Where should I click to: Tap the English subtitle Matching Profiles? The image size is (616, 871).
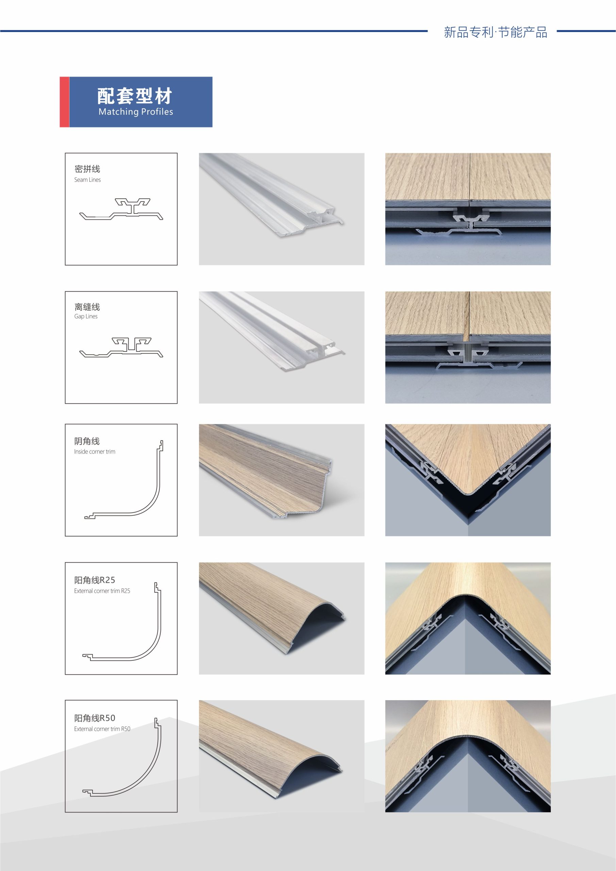[136, 112]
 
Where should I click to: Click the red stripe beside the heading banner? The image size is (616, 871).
[65, 102]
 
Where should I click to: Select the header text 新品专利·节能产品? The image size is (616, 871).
[495, 32]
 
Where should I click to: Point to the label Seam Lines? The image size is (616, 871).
[88, 180]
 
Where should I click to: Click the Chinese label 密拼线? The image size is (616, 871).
[87, 169]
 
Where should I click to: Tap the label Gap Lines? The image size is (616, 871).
[86, 316]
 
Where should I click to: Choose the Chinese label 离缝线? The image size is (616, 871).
[87, 307]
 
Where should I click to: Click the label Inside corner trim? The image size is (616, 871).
[95, 451]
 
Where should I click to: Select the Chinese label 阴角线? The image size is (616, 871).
[87, 441]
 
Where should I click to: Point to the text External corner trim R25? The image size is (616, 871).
[102, 591]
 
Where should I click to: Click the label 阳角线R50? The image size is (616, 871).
[95, 718]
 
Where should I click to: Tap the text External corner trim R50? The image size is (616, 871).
[102, 729]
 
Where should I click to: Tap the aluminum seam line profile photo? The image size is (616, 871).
[281, 209]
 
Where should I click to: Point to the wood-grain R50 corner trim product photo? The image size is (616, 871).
[281, 756]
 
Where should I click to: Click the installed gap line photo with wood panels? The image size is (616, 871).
[468, 347]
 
